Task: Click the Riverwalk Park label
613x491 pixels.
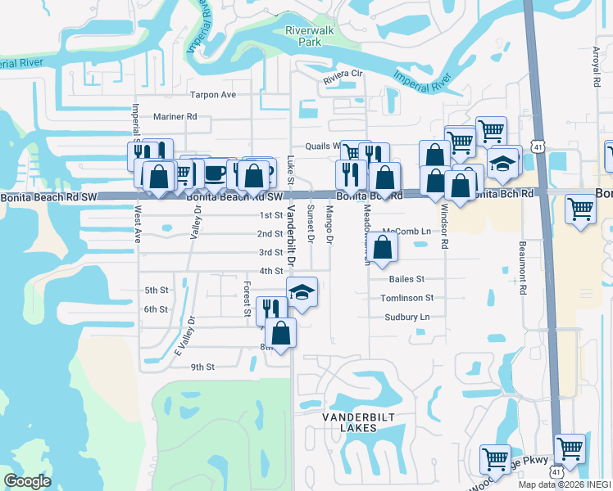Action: click(x=303, y=36)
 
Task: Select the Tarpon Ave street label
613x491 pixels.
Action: click(x=212, y=95)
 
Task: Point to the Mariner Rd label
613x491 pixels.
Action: click(x=175, y=117)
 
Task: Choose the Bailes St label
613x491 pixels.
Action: click(x=406, y=279)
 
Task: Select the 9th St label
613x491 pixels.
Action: click(x=202, y=367)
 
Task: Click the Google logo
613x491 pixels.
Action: click(x=27, y=481)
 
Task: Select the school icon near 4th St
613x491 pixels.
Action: click(x=302, y=292)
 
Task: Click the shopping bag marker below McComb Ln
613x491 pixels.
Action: click(x=382, y=247)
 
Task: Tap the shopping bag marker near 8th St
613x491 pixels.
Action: click(x=281, y=333)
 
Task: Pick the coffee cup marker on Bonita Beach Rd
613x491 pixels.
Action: click(x=216, y=173)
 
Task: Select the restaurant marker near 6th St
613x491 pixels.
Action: click(x=270, y=309)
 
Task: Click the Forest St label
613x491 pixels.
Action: click(x=246, y=299)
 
